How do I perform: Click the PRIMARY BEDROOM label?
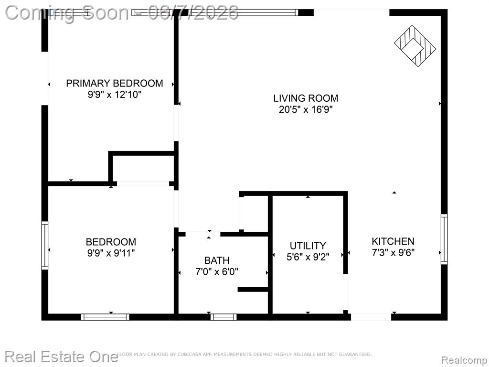pyautogui.click(x=115, y=83)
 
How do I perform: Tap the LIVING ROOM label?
pyautogui.click(x=306, y=98)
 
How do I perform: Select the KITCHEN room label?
pyautogui.click(x=393, y=241)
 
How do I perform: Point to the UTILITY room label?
pyautogui.click(x=308, y=246)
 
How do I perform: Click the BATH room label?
pyautogui.click(x=217, y=260)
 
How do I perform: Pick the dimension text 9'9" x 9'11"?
pyautogui.click(x=111, y=253)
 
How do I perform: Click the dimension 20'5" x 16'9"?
pyautogui.click(x=306, y=109)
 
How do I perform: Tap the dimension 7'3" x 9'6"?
pyautogui.click(x=393, y=252)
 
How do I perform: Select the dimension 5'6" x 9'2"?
pyautogui.click(x=308, y=257)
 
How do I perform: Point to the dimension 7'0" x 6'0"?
pyautogui.click(x=217, y=271)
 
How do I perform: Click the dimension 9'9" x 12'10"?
pyautogui.click(x=115, y=95)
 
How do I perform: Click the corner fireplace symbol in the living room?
pyautogui.click(x=415, y=46)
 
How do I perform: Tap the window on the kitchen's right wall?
pyautogui.click(x=444, y=239)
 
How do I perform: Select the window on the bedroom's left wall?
pyautogui.click(x=45, y=245)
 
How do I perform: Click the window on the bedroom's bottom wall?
pyautogui.click(x=105, y=317)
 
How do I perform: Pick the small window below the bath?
pyautogui.click(x=223, y=317)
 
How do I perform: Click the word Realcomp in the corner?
pyautogui.click(x=465, y=360)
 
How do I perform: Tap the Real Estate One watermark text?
pyautogui.click(x=62, y=356)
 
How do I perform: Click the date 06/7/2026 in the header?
pyautogui.click(x=193, y=12)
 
